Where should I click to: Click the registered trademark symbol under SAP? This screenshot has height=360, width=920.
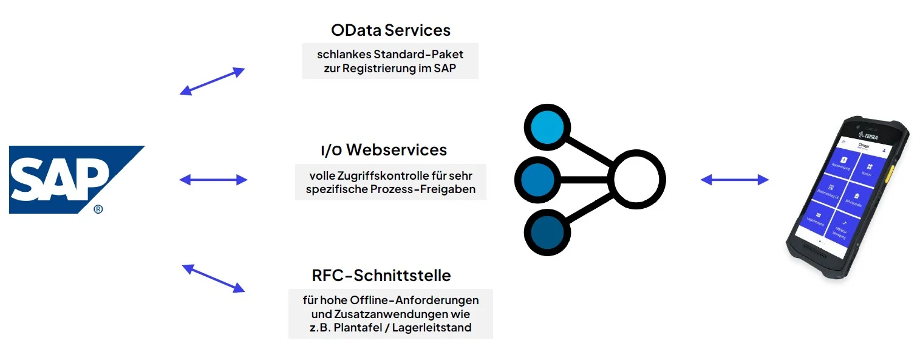point(98,209)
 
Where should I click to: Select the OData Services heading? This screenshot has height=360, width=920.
point(390,30)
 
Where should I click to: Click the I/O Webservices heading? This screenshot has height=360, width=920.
point(383,149)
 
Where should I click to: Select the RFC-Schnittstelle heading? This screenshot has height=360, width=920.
point(381,276)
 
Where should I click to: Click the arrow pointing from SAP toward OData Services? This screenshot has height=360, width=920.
point(212,81)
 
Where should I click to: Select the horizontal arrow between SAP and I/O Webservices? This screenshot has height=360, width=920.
point(213,180)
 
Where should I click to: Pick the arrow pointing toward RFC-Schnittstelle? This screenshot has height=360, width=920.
point(213,279)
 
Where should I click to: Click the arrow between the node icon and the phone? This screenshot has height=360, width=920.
point(734,180)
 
